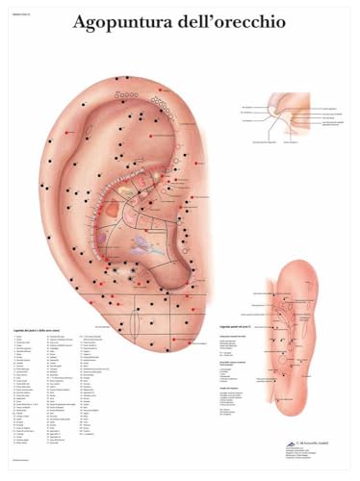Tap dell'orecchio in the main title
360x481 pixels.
point(230,22)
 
